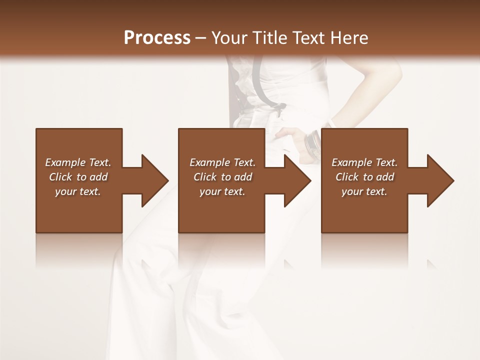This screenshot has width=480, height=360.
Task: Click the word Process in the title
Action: coord(157,38)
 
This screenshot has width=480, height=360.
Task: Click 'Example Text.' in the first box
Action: coord(78,162)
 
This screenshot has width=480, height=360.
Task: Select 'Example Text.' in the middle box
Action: coord(222,162)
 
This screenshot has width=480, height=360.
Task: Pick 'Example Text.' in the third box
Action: coord(364,162)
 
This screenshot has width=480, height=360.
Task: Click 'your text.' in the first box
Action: coord(78,191)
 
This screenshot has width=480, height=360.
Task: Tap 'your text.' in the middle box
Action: coord(222,191)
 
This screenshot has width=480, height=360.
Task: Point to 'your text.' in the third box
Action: coord(364,191)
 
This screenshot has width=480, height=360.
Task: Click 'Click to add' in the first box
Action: coord(78,177)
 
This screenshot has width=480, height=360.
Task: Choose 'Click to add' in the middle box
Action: coord(222,177)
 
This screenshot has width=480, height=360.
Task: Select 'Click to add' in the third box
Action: coord(364,177)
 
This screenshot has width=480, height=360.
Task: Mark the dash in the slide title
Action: coord(201,38)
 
